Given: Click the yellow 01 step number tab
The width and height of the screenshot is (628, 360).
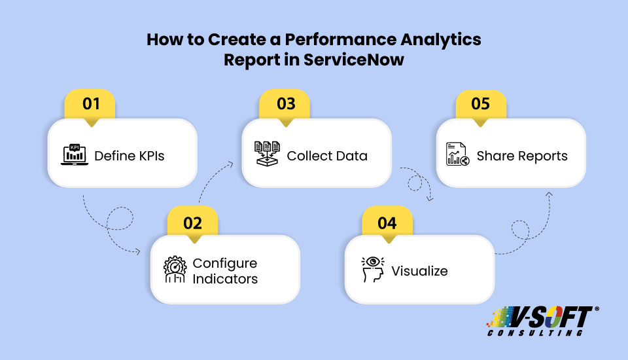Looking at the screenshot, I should (91, 104).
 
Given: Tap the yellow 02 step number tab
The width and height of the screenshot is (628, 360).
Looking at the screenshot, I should (192, 222).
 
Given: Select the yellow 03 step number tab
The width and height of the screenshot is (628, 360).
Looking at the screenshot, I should (286, 104).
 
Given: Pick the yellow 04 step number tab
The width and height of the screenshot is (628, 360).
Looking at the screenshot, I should (387, 222).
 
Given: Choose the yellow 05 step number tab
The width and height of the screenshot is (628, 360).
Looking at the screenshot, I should (481, 104).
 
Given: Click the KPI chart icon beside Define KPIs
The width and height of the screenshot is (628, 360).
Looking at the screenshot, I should (75, 154).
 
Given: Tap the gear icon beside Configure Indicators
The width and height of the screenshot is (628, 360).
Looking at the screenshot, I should (175, 270).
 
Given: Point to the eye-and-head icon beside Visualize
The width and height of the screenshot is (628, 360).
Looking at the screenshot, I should (372, 270).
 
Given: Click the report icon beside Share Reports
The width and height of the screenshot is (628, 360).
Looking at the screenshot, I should (458, 155).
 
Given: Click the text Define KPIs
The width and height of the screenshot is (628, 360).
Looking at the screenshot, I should (129, 156).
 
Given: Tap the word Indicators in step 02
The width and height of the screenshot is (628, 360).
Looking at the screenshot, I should (225, 279).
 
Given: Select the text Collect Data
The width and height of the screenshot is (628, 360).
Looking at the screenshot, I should (327, 156).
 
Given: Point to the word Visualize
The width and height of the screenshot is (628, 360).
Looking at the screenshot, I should (419, 270).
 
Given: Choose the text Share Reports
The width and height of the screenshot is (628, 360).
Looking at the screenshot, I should (522, 156).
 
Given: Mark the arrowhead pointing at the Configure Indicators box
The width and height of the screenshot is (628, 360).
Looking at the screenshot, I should (139, 251).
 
